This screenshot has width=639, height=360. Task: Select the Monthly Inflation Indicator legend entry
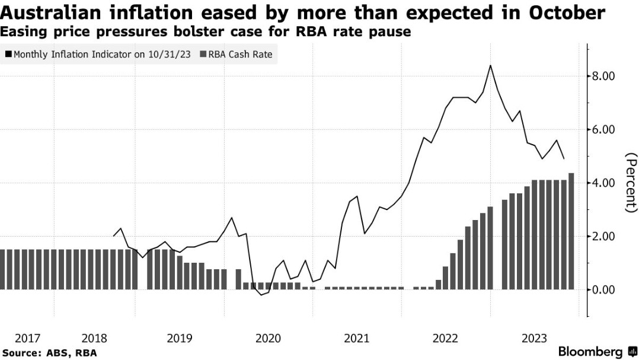(x=98, y=55)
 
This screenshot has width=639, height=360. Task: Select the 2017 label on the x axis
(x=27, y=338)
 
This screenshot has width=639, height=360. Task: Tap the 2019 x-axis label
(x=179, y=338)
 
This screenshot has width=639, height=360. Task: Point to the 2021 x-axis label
(x=357, y=338)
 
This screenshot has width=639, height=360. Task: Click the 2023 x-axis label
(x=533, y=338)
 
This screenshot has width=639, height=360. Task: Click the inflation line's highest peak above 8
(x=490, y=65)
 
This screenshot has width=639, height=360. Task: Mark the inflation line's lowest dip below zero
(x=260, y=295)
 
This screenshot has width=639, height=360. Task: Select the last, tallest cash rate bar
(x=571, y=231)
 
